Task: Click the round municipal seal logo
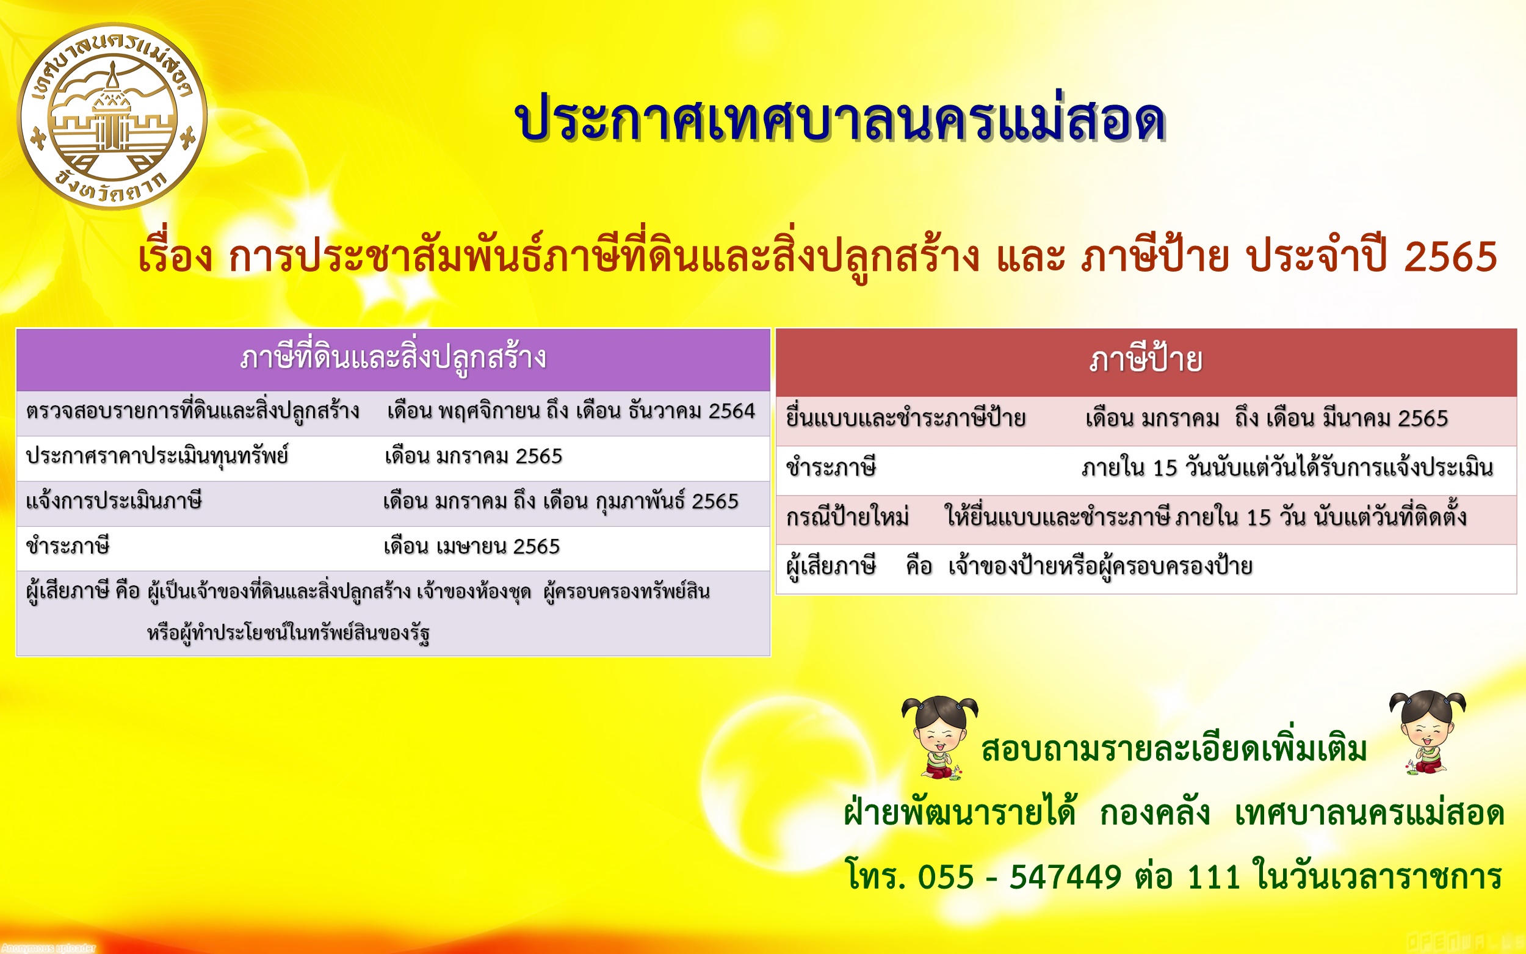coord(112,117)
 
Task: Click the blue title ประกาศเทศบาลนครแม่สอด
coord(841,120)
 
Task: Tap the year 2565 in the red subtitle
coord(1451,257)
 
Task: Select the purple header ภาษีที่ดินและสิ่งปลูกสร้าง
coord(393,358)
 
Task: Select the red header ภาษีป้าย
coord(1146,360)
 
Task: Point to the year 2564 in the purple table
coord(732,411)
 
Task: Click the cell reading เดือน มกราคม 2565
coord(473,456)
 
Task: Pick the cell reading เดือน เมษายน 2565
coord(472,546)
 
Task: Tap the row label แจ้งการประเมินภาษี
coord(114,502)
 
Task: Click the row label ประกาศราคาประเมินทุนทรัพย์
coord(157,456)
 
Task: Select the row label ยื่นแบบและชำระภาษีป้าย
coord(906,418)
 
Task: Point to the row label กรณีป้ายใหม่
coord(847,518)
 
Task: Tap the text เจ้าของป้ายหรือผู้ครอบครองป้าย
coord(1100,566)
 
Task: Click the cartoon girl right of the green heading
coord(1428,732)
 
